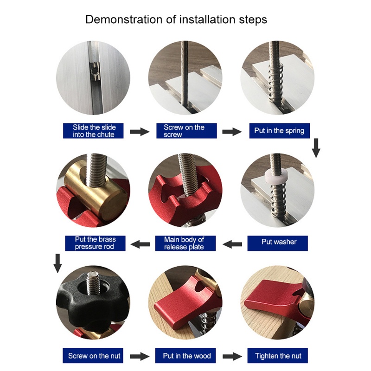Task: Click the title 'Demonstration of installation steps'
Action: (x=176, y=19)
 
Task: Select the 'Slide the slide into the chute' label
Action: (x=93, y=131)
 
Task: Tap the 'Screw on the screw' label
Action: (x=186, y=131)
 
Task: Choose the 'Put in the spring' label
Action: (x=280, y=131)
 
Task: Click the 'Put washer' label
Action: (x=277, y=243)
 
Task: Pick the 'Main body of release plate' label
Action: (x=185, y=243)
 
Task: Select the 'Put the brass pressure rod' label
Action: (x=95, y=243)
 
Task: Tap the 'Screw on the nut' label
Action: (x=93, y=355)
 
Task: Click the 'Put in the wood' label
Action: (x=185, y=355)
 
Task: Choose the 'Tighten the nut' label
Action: (x=277, y=355)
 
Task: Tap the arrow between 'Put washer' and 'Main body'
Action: (x=232, y=244)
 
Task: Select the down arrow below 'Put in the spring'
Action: (x=316, y=148)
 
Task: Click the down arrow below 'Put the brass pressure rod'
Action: (x=58, y=263)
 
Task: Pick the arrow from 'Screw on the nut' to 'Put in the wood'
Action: (x=140, y=356)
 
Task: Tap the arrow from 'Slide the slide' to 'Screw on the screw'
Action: (x=140, y=132)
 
